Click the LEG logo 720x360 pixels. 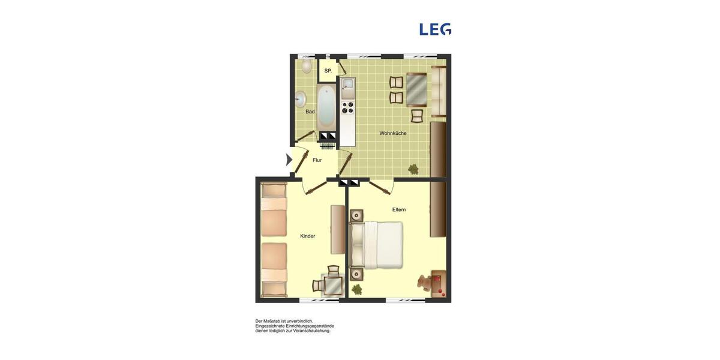[435, 29]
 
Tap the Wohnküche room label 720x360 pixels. [393, 133]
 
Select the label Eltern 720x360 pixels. [399, 209]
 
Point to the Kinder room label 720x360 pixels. [308, 236]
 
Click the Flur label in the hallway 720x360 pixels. [317, 160]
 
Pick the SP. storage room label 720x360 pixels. [328, 71]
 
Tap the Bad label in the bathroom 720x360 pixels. [310, 112]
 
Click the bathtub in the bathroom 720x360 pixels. [326, 106]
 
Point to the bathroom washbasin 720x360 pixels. [300, 99]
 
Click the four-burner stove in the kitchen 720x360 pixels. [347, 108]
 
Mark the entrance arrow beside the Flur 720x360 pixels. [289, 160]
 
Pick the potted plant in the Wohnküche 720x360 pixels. [413, 169]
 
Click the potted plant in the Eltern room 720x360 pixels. [357, 289]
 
